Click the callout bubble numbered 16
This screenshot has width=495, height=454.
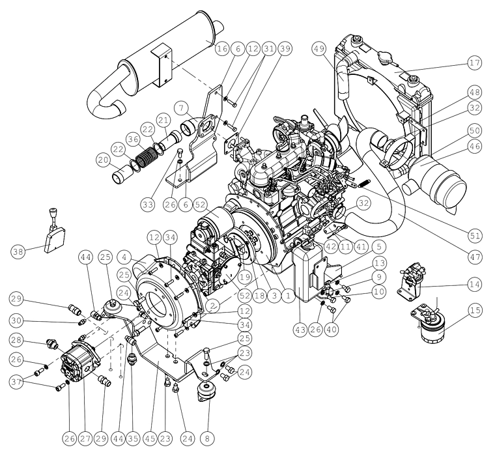click(222, 49)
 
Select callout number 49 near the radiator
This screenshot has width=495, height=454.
click(319, 49)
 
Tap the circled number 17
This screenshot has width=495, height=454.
click(474, 63)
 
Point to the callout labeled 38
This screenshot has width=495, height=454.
click(18, 252)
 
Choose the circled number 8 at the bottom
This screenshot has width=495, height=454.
click(207, 438)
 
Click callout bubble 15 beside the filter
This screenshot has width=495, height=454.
click(474, 310)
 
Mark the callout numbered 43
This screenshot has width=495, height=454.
click(300, 330)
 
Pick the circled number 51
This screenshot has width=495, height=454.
click(474, 236)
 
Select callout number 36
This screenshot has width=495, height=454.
click(133, 139)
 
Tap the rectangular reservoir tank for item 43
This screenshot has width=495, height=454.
click(307, 274)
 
